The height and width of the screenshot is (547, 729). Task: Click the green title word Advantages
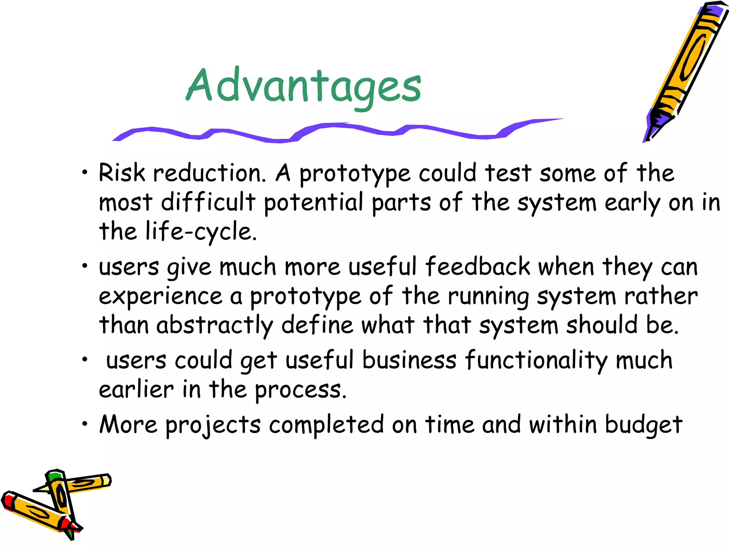click(304, 87)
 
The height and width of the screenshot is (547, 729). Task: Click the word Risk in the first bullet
click(122, 173)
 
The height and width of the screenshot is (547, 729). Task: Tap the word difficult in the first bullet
click(208, 202)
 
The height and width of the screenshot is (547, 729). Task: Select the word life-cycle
click(201, 231)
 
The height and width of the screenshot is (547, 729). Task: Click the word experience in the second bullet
click(161, 296)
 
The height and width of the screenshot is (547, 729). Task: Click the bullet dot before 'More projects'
click(84, 424)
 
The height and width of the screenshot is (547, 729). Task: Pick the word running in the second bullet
click(488, 296)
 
